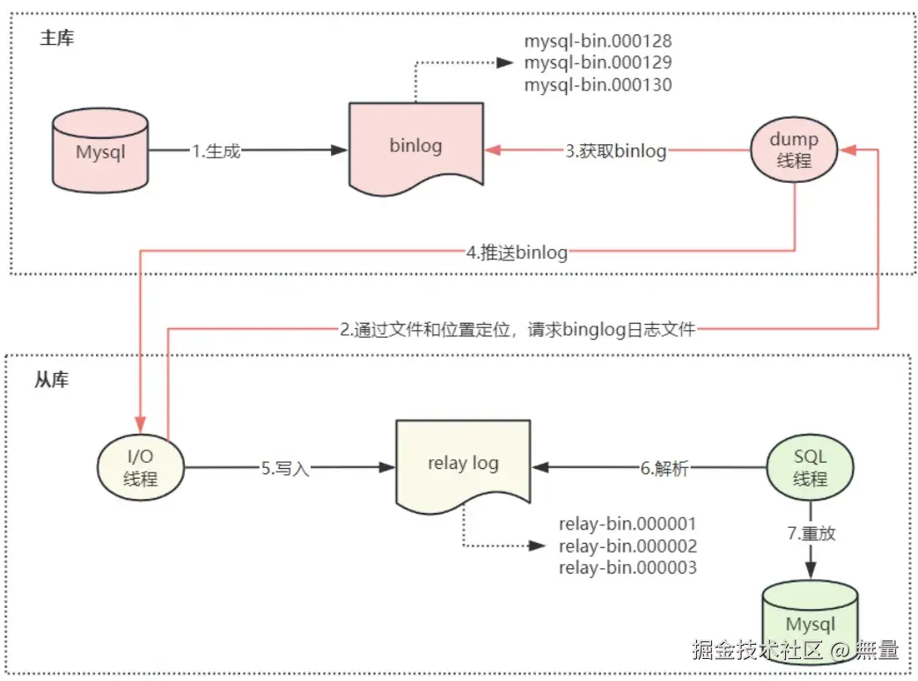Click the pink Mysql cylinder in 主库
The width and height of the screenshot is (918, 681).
click(100, 151)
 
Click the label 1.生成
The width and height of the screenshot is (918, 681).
click(216, 151)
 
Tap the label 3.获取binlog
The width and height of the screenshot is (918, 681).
click(616, 151)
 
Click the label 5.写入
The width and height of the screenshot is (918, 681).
click(285, 469)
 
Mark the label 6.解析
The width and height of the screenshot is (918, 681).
click(665, 469)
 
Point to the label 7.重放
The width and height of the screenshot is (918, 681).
click(811, 533)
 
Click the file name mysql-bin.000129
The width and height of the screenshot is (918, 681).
click(598, 63)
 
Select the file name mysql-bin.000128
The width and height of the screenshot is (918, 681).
click(598, 41)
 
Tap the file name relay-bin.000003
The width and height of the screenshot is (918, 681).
click(628, 567)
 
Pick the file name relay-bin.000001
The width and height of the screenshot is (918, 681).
click(628, 525)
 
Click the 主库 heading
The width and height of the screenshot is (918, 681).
click(57, 40)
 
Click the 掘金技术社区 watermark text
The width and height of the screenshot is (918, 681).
click(757, 650)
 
